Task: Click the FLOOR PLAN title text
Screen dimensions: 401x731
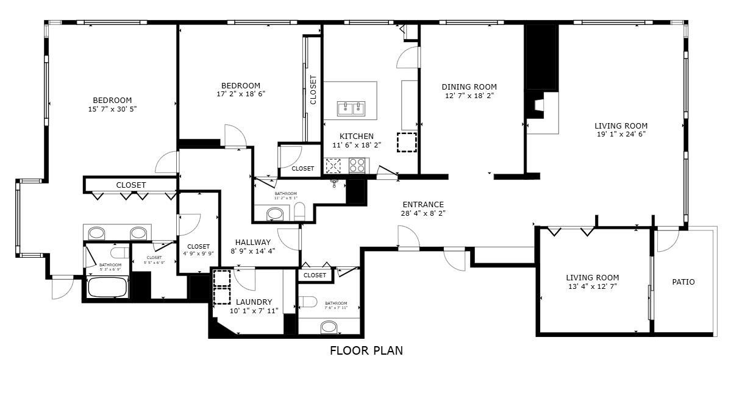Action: (366, 350)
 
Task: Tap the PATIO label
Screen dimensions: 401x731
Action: (683, 282)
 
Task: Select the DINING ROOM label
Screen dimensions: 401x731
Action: (469, 87)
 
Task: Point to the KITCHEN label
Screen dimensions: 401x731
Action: (357, 136)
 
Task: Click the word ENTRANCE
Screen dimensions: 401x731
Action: (423, 204)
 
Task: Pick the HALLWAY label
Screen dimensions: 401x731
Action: (252, 242)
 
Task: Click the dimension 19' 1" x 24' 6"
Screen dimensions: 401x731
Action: (621, 134)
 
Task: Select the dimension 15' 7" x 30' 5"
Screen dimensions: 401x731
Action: (112, 109)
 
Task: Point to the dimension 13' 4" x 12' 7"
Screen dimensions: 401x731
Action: (591, 286)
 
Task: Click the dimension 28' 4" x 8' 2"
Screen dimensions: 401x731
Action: (423, 213)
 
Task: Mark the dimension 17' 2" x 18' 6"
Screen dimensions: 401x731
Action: (240, 94)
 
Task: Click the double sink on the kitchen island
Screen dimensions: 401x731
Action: (351, 108)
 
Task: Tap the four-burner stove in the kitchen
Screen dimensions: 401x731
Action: (357, 165)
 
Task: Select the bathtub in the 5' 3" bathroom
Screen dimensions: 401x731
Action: (107, 287)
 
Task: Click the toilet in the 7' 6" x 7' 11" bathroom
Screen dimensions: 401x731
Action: (307, 302)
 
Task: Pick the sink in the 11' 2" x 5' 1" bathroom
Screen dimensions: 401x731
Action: (276, 214)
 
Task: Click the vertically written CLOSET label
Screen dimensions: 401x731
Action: (313, 90)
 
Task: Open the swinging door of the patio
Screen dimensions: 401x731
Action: (667, 241)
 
